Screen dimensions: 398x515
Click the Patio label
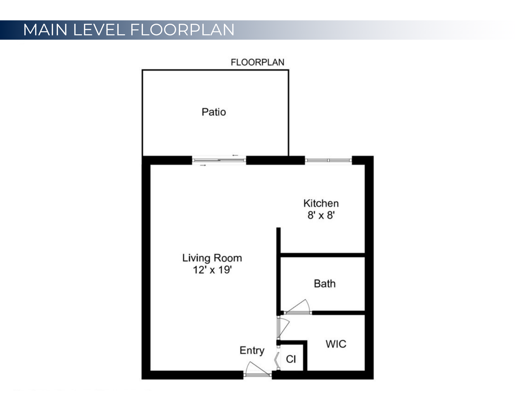tap(214, 112)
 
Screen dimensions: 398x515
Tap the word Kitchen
tap(321, 204)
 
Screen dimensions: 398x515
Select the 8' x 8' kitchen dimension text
tap(321, 215)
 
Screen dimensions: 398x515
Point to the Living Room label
tap(212, 258)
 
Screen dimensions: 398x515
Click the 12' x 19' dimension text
tap(212, 270)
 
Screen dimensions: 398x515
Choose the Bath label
tap(325, 284)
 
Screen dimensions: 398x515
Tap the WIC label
tap(336, 344)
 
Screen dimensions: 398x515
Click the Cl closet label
tap(291, 359)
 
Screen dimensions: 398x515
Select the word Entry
tap(252, 350)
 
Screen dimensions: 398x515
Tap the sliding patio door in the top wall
tap(219, 160)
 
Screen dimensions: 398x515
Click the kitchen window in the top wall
tap(328, 160)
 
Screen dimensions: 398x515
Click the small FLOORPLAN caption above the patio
tap(257, 62)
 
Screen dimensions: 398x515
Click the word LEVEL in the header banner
tap(99, 30)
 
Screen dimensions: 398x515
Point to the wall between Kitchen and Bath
tap(322, 255)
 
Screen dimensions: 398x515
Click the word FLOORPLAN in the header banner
tap(182, 30)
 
